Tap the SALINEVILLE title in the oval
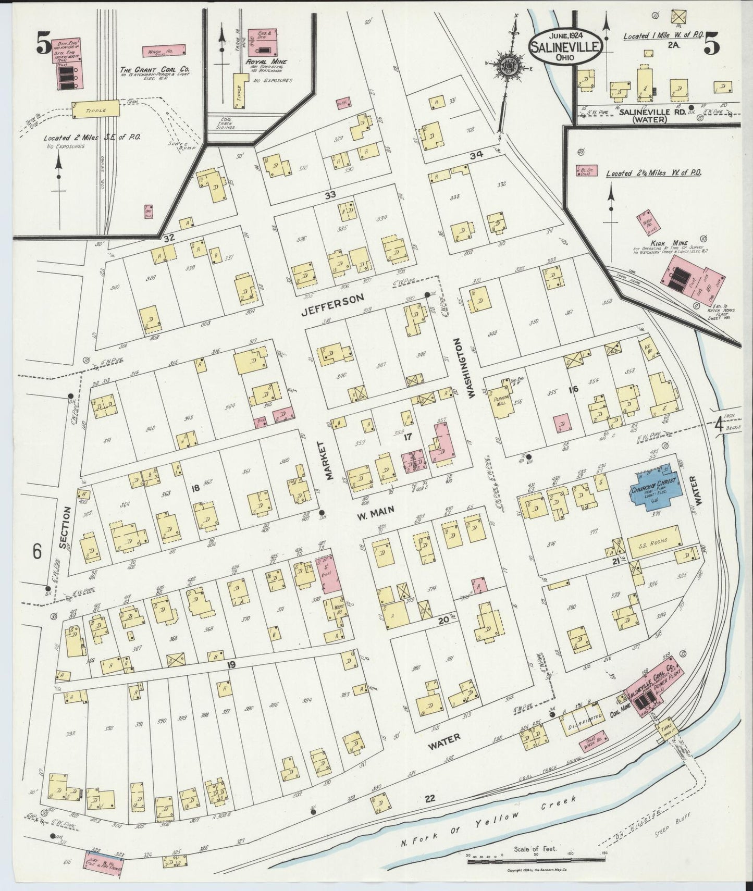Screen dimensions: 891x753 coord(566,46)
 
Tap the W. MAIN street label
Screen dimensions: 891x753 coord(375,516)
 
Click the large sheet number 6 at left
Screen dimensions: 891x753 coord(37,551)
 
